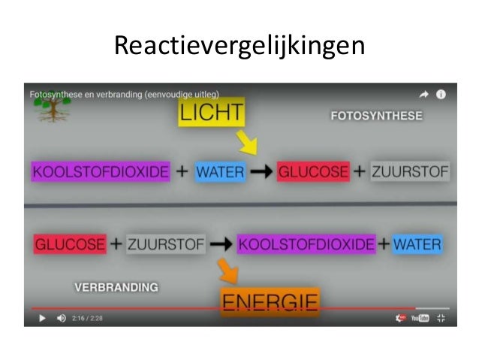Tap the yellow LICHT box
pos(211,113)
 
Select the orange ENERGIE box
pos(270,302)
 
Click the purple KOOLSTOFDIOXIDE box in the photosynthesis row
pos(101,171)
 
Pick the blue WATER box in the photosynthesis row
pos(220,171)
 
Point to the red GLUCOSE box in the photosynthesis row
pos(313,171)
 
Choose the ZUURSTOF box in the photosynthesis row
pos(410,171)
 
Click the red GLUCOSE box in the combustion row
pos(70,244)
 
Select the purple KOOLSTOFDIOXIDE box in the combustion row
pos(306,244)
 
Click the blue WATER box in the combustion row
pos(417,244)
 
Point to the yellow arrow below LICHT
pos(246,141)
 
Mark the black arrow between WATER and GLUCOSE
pos(261,172)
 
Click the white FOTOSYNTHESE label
pos(375,116)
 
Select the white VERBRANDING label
pos(116,286)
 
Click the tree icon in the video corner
pos(50,109)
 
